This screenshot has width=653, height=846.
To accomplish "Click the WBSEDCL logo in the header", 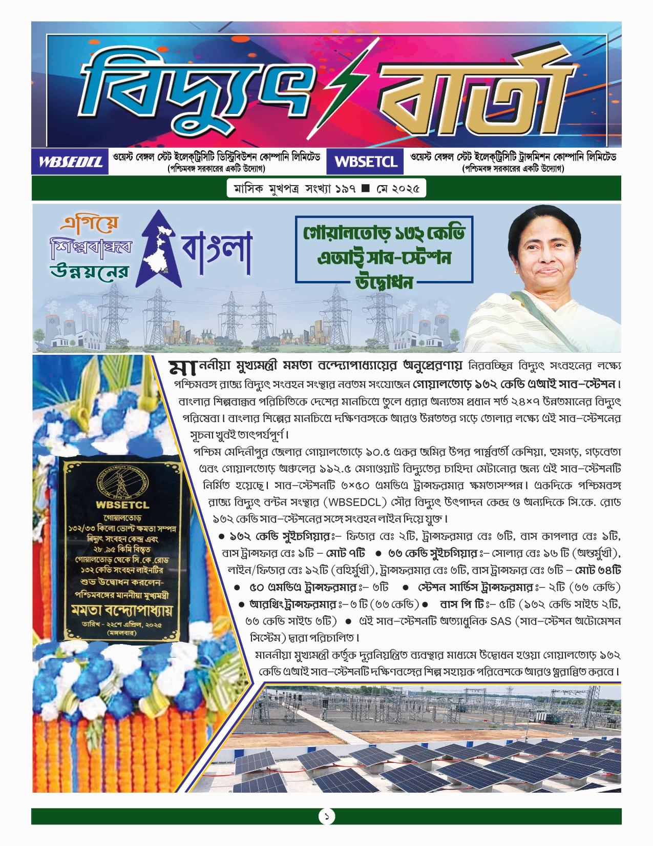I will pos(70,162).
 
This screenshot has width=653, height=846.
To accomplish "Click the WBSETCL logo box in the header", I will pos(366,162).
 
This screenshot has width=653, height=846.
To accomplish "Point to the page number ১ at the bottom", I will pos(326,816).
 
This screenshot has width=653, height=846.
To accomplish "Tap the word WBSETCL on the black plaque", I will pos(122,505).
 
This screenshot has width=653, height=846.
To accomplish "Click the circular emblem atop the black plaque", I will pos(122,482).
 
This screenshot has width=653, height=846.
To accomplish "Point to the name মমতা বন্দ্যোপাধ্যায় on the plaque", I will pos(122,611).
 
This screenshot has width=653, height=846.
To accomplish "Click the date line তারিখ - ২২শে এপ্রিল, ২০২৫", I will pos(122,625).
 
